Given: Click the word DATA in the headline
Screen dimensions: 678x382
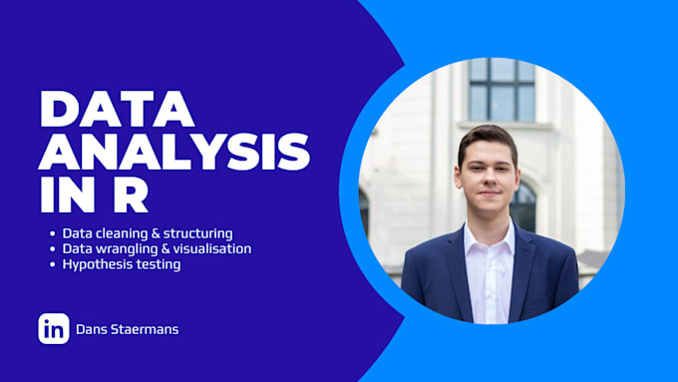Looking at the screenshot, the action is (118, 109).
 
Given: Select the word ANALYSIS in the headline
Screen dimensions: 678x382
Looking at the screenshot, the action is (174, 152).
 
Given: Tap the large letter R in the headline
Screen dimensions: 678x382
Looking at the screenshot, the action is (131, 194).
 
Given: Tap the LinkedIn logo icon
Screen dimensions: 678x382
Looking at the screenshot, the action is (54, 329).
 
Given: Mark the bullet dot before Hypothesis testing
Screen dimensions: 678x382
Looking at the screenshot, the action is (53, 264).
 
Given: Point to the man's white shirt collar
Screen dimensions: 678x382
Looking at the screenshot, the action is (489, 238).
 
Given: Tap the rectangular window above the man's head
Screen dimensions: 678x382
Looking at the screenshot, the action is (502, 89).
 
